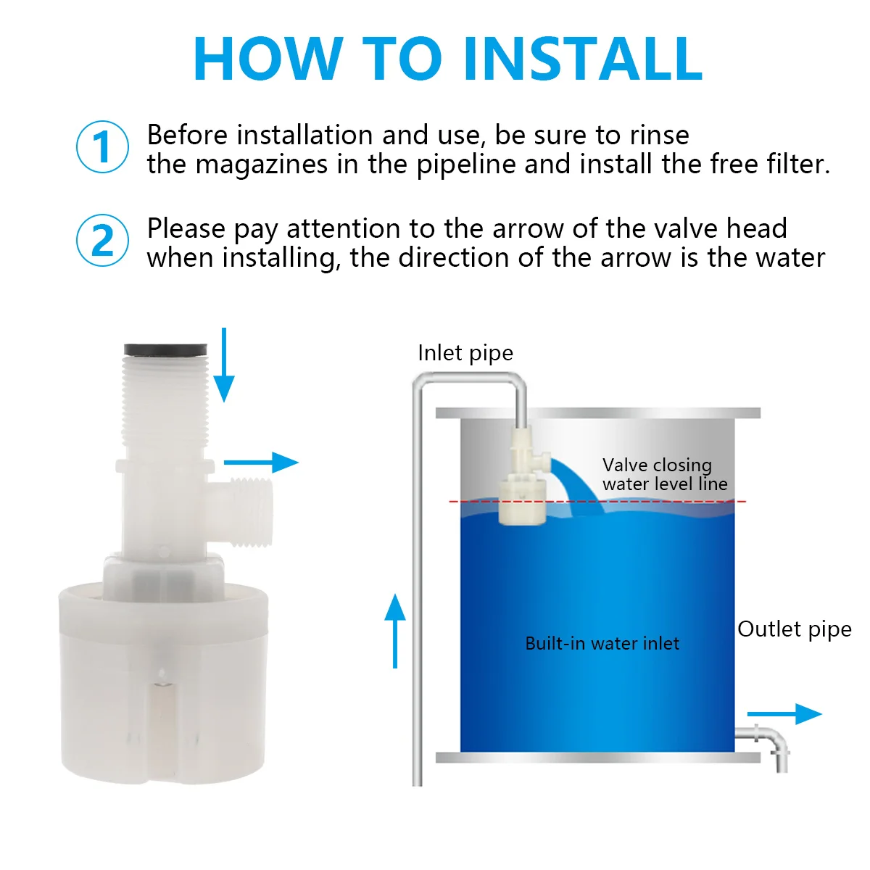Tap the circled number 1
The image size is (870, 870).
(102, 146)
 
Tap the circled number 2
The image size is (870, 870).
(102, 240)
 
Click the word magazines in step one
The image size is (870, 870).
(262, 165)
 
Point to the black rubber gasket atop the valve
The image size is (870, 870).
(166, 349)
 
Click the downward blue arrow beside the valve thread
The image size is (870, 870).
(224, 365)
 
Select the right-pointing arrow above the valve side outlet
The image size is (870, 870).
(262, 463)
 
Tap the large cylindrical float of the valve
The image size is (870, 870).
(163, 681)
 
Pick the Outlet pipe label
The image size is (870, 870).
(795, 630)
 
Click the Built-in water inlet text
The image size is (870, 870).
(602, 643)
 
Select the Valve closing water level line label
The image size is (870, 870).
(665, 474)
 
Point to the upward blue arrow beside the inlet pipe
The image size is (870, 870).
(395, 631)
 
